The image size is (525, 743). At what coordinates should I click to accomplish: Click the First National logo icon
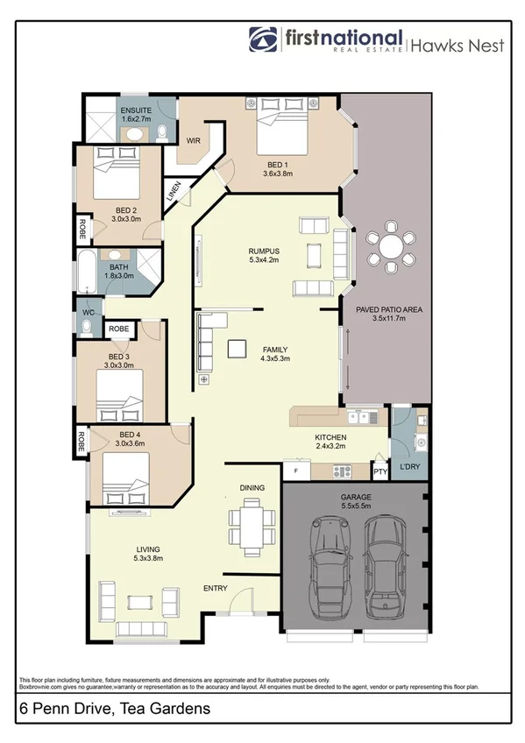click(x=264, y=40)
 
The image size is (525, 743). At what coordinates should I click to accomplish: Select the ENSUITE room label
click(x=136, y=109)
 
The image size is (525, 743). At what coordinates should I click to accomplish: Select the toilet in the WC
click(x=86, y=327)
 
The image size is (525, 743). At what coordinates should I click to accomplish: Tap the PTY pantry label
click(x=380, y=471)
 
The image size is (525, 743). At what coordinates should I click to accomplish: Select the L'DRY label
click(x=409, y=467)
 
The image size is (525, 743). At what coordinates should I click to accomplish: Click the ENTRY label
click(x=216, y=587)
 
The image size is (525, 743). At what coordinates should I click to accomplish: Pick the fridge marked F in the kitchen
click(x=296, y=471)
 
